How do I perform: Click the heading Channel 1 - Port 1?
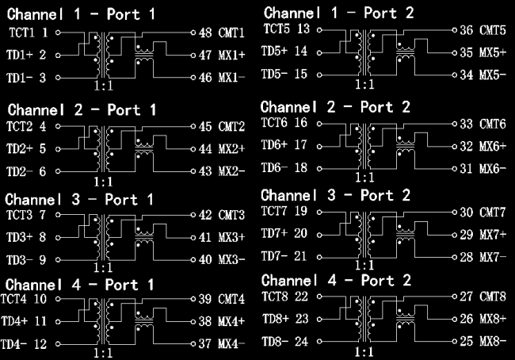81,14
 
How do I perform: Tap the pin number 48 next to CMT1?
205,33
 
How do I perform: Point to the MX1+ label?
232,56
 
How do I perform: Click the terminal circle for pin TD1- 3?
58,78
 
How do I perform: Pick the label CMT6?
492,124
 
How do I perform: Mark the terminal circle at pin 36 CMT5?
455,30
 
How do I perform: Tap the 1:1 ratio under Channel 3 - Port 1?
103,267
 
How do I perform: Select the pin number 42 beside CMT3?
205,215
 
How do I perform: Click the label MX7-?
493,257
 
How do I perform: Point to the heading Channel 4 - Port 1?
79,285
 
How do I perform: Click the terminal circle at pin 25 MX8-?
455,342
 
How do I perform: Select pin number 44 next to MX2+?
205,149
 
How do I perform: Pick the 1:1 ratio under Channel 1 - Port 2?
364,85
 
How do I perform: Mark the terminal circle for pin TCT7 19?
319,213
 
